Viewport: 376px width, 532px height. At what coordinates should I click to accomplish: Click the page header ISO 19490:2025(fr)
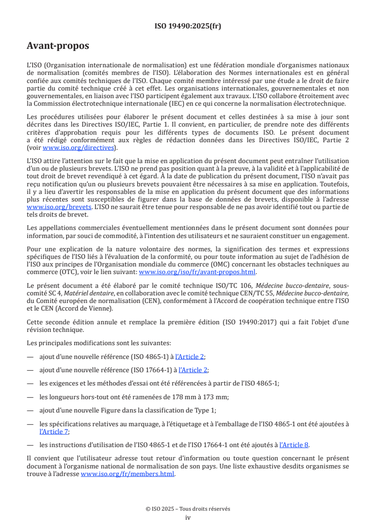(188, 26)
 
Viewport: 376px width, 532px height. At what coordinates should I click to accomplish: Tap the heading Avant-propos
(58, 46)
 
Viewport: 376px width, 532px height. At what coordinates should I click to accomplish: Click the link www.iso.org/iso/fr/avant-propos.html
(197, 272)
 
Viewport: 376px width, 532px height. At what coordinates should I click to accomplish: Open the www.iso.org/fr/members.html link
(128, 473)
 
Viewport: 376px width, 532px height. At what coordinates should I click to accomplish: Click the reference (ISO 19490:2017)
(258, 322)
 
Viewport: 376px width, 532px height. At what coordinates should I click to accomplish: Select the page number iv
(188, 517)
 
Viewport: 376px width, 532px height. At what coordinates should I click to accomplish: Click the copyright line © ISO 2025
(188, 508)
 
